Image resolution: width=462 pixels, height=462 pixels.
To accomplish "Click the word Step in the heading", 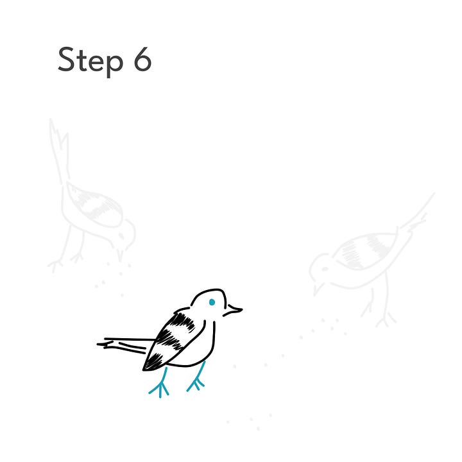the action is coord(90,61).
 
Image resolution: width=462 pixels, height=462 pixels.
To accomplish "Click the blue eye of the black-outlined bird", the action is coord(212,302).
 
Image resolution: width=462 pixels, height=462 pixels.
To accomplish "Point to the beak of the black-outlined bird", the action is coord(233,311).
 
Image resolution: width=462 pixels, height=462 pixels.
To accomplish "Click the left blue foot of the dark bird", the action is coord(159,383).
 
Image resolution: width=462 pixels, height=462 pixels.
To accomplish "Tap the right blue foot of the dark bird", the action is coord(196,377).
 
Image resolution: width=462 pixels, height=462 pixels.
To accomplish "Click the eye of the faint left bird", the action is coord(121,235).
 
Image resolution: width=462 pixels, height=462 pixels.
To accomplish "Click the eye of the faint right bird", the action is coord(325,269).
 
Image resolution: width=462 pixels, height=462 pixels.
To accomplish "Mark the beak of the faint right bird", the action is coord(318,289).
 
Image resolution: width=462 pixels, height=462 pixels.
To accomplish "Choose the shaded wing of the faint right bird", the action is coord(365,250).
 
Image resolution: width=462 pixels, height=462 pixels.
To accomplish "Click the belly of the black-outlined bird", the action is coord(198,350).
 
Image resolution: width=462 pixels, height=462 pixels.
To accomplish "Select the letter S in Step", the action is coord(66,59).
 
